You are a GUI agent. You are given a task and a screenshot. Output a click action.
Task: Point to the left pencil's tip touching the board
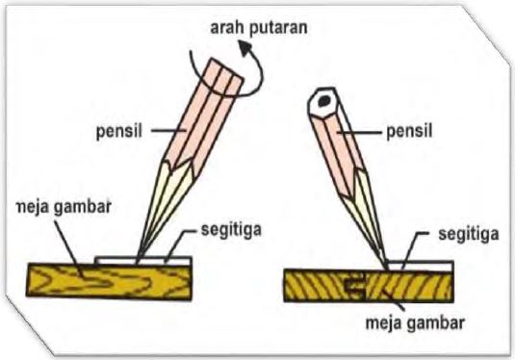click(140, 260)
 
